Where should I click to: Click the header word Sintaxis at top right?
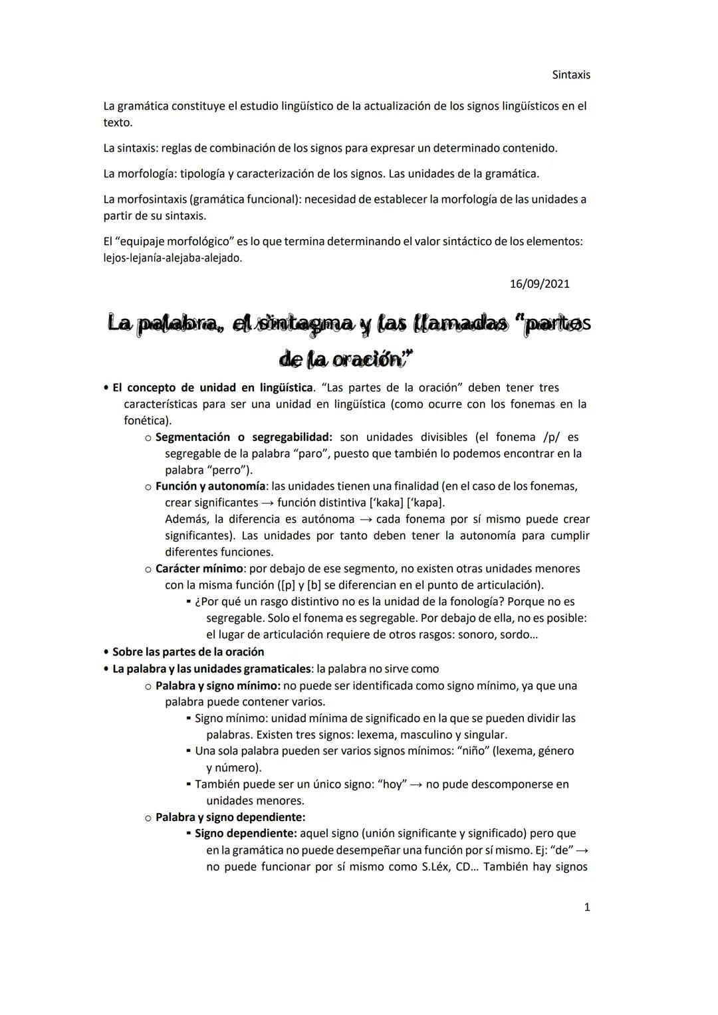pos(570,75)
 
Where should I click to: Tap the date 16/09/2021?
pos(539,284)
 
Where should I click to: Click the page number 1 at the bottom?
pos(586,907)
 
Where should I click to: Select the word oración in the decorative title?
pos(368,359)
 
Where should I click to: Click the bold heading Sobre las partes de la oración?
pos(188,652)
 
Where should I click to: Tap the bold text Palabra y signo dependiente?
pos(230,817)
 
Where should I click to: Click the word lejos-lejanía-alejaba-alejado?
pos(173,258)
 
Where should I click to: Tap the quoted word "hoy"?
pos(392,784)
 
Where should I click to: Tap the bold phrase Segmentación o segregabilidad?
pos(243,437)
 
